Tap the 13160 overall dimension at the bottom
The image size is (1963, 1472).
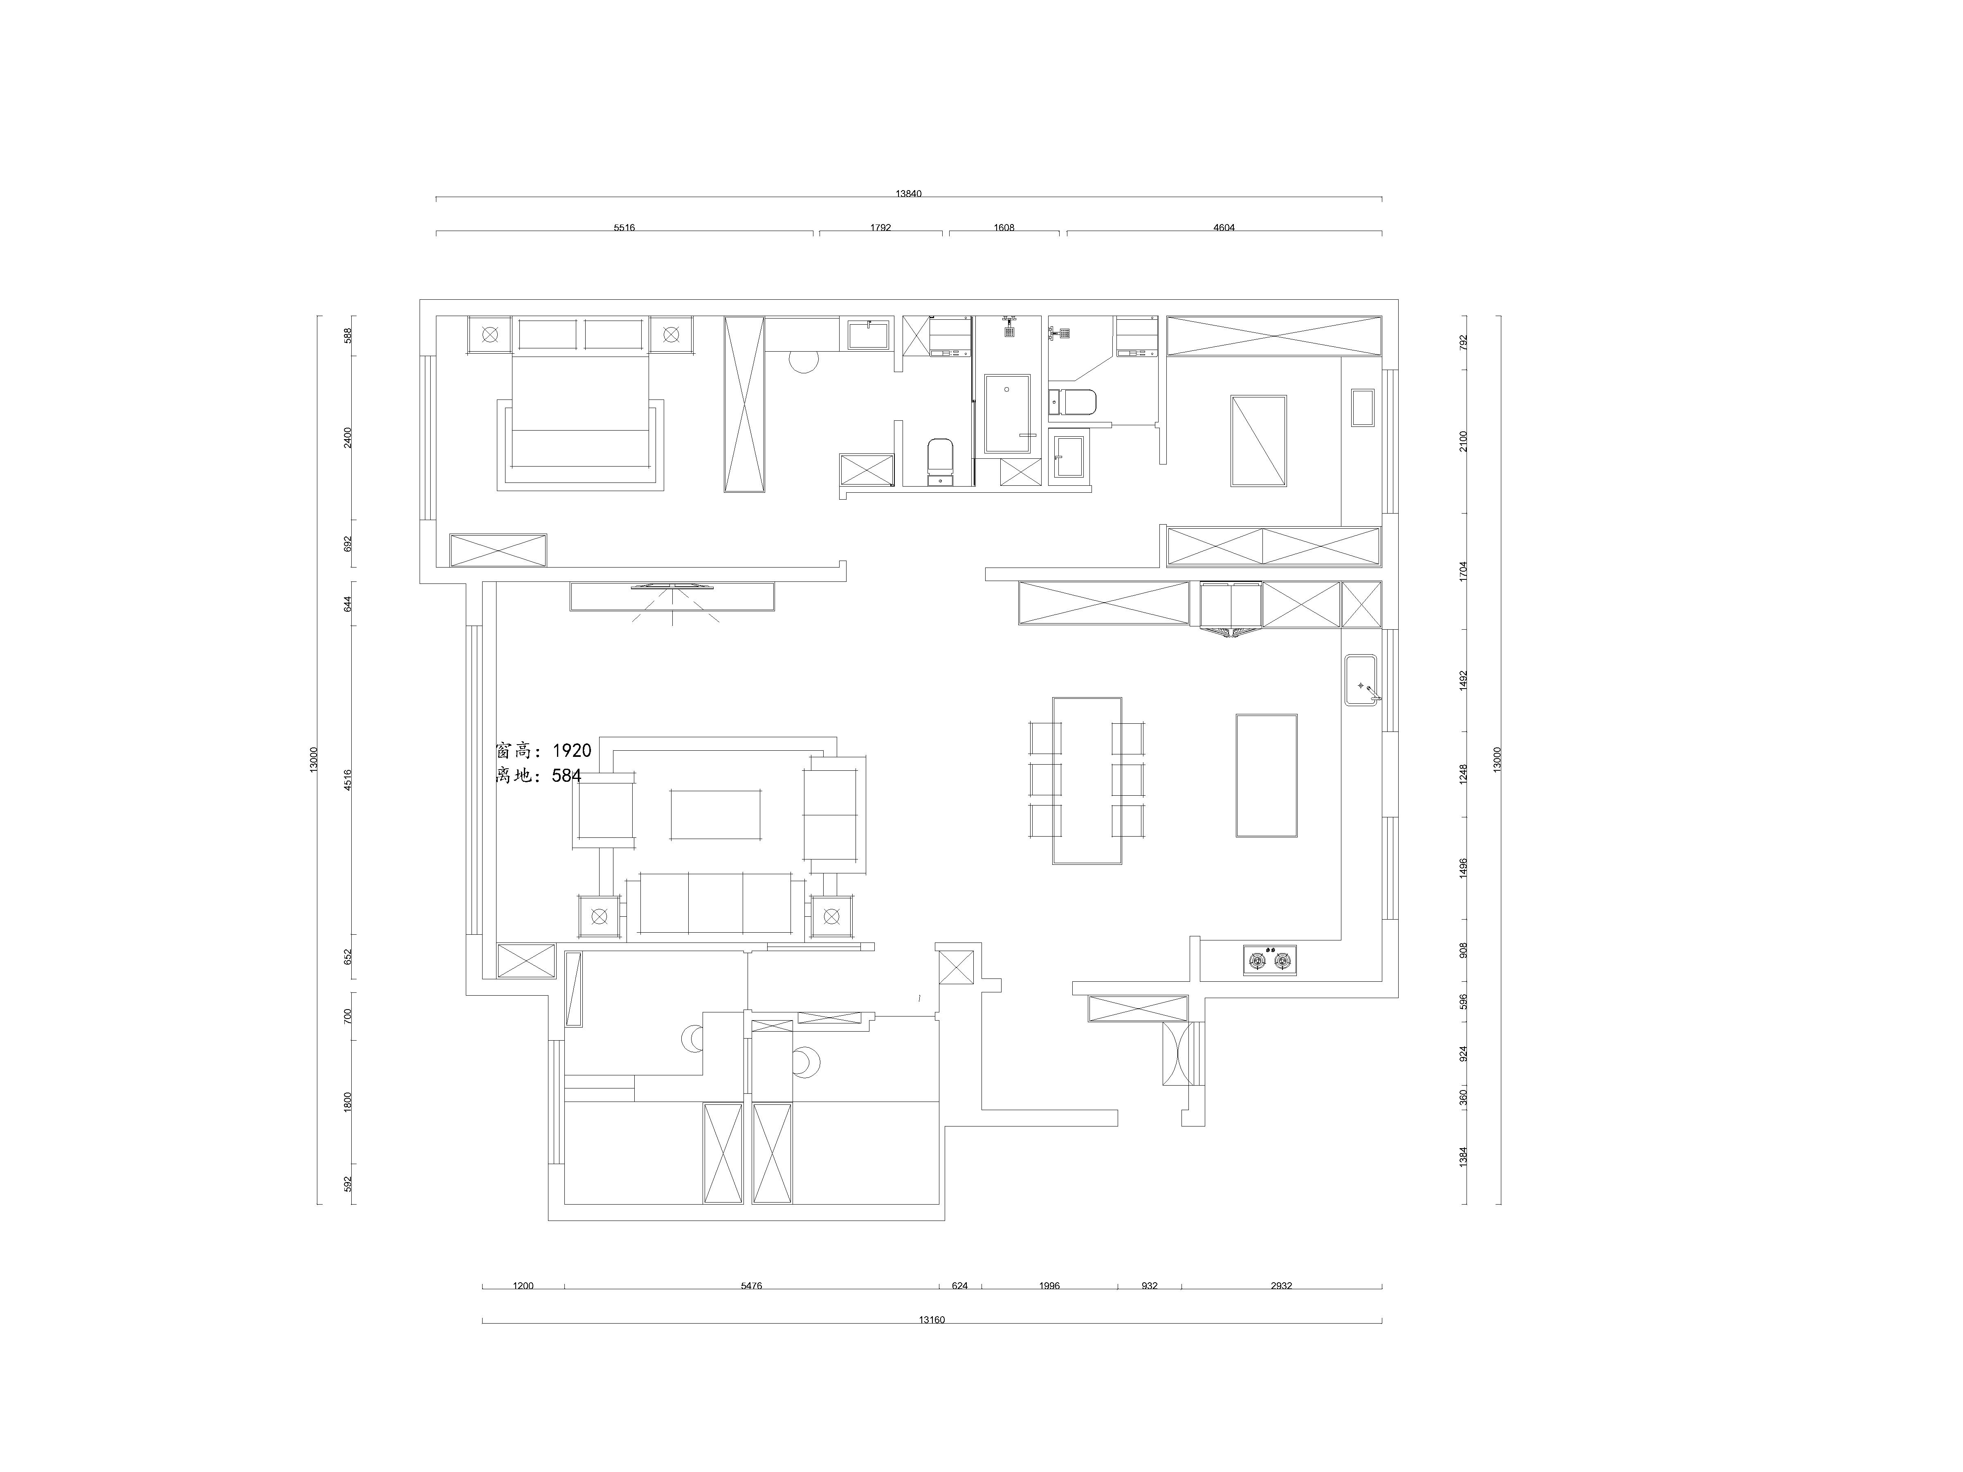(x=932, y=1319)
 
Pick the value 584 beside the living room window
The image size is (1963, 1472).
(x=566, y=776)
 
